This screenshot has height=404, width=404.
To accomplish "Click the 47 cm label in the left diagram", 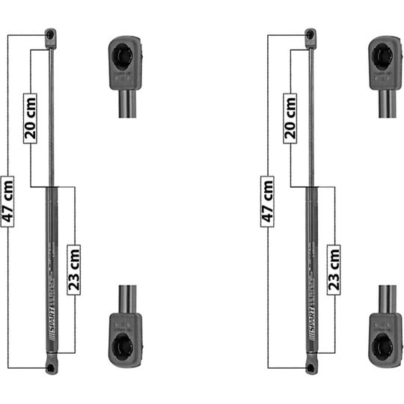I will (7, 200).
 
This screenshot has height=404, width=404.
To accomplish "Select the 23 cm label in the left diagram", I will (74, 269).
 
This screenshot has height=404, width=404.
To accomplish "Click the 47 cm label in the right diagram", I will (267, 200).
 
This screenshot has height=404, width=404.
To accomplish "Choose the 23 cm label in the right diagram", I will (334, 269).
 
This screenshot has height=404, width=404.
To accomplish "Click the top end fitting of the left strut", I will (50, 34).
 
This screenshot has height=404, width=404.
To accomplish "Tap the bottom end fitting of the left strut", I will (50, 367).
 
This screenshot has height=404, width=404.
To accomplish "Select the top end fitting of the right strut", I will (310, 34).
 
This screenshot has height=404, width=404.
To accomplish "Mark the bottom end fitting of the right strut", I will (310, 367).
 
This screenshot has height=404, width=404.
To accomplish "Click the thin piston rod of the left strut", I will (50, 112).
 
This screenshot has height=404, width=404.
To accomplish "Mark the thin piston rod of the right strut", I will (310, 112).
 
